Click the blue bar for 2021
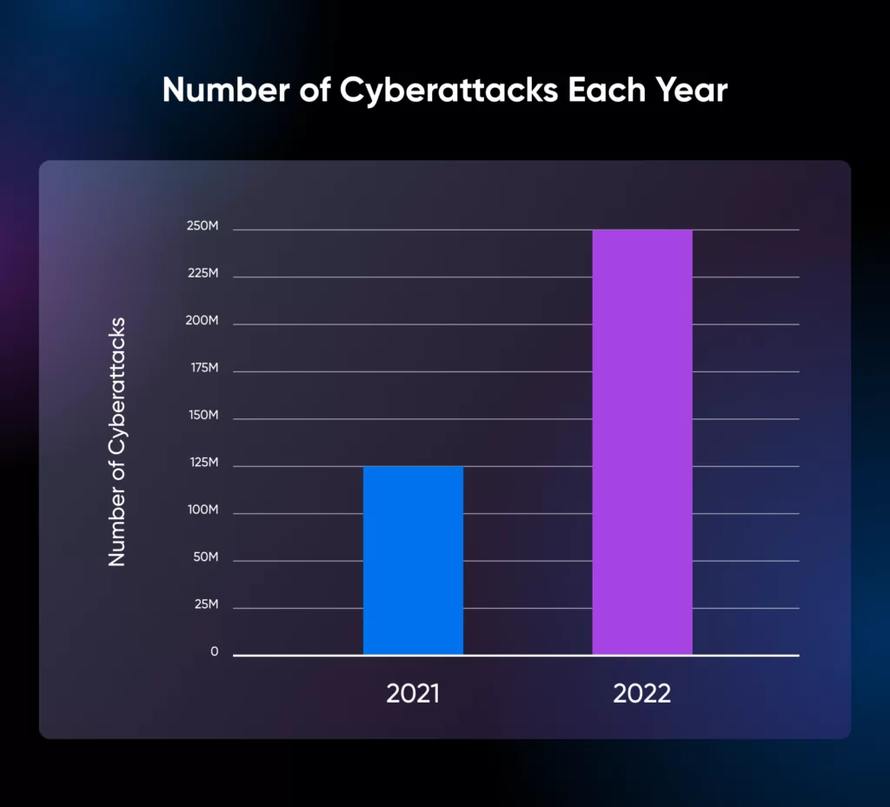pyautogui.click(x=413, y=560)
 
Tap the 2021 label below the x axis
pyautogui.click(x=413, y=694)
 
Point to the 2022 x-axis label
pyautogui.click(x=642, y=694)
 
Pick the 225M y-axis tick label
pyautogui.click(x=202, y=274)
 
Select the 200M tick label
pyautogui.click(x=202, y=321)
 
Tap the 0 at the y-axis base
pyautogui.click(x=214, y=651)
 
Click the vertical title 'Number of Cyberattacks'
pyautogui.click(x=117, y=442)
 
